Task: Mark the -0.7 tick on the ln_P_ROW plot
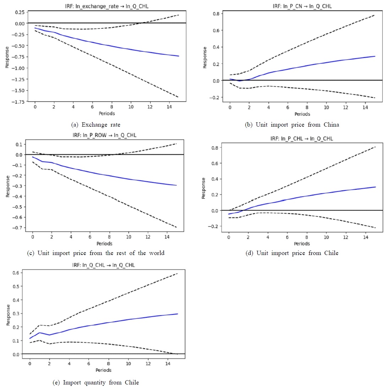point(17,227)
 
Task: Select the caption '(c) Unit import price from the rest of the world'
point(96,253)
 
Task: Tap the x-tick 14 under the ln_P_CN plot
point(365,107)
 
